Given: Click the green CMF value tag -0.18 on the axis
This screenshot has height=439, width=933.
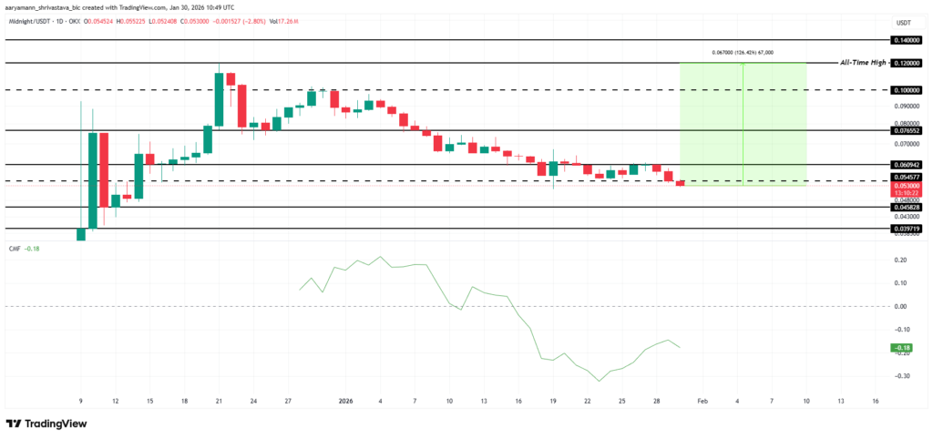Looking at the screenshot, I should coord(902,347).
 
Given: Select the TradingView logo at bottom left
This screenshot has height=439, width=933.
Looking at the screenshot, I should coord(46,424).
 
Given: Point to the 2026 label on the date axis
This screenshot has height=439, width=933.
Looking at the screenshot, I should coord(345,400).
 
